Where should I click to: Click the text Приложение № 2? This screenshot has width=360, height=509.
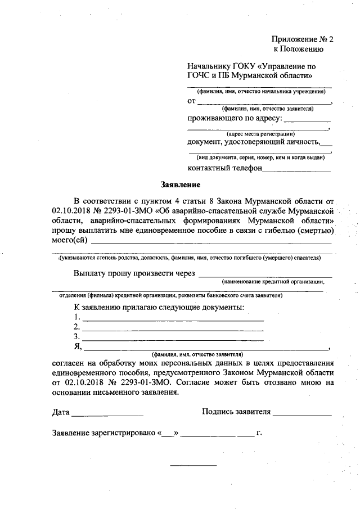[x=303, y=39]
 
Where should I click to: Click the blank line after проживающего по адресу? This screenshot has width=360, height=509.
[x=307, y=121]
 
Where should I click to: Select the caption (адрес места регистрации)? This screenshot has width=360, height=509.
[x=261, y=134]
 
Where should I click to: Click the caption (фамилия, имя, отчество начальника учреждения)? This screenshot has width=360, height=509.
[x=260, y=91]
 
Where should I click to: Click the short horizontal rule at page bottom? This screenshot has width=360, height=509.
[x=193, y=465]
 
